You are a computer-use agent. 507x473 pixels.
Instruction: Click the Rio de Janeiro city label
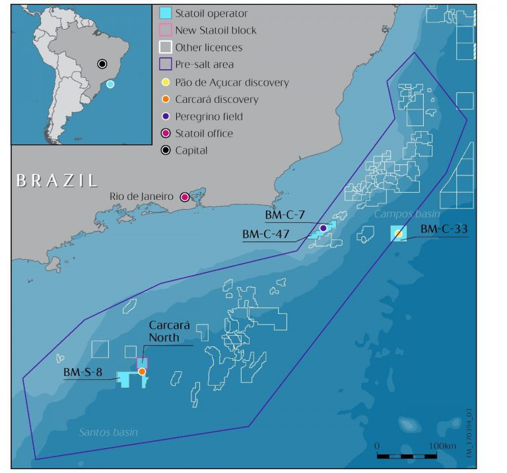140,197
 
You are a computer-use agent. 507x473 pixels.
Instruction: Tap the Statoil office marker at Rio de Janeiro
185,197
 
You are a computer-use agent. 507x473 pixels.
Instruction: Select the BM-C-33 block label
444,229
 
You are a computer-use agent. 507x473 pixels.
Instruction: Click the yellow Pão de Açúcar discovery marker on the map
398,234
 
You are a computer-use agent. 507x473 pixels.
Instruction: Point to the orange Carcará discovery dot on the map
142,372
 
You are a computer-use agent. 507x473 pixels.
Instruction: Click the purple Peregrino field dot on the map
323,228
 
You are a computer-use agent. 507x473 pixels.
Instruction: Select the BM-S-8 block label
83,372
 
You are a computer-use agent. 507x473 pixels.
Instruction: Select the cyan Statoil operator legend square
165,13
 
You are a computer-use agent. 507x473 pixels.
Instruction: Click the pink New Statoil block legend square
165,30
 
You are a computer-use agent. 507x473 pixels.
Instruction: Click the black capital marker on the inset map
102,63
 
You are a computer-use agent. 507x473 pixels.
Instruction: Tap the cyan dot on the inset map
110,84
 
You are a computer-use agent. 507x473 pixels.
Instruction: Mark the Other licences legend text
209,47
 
